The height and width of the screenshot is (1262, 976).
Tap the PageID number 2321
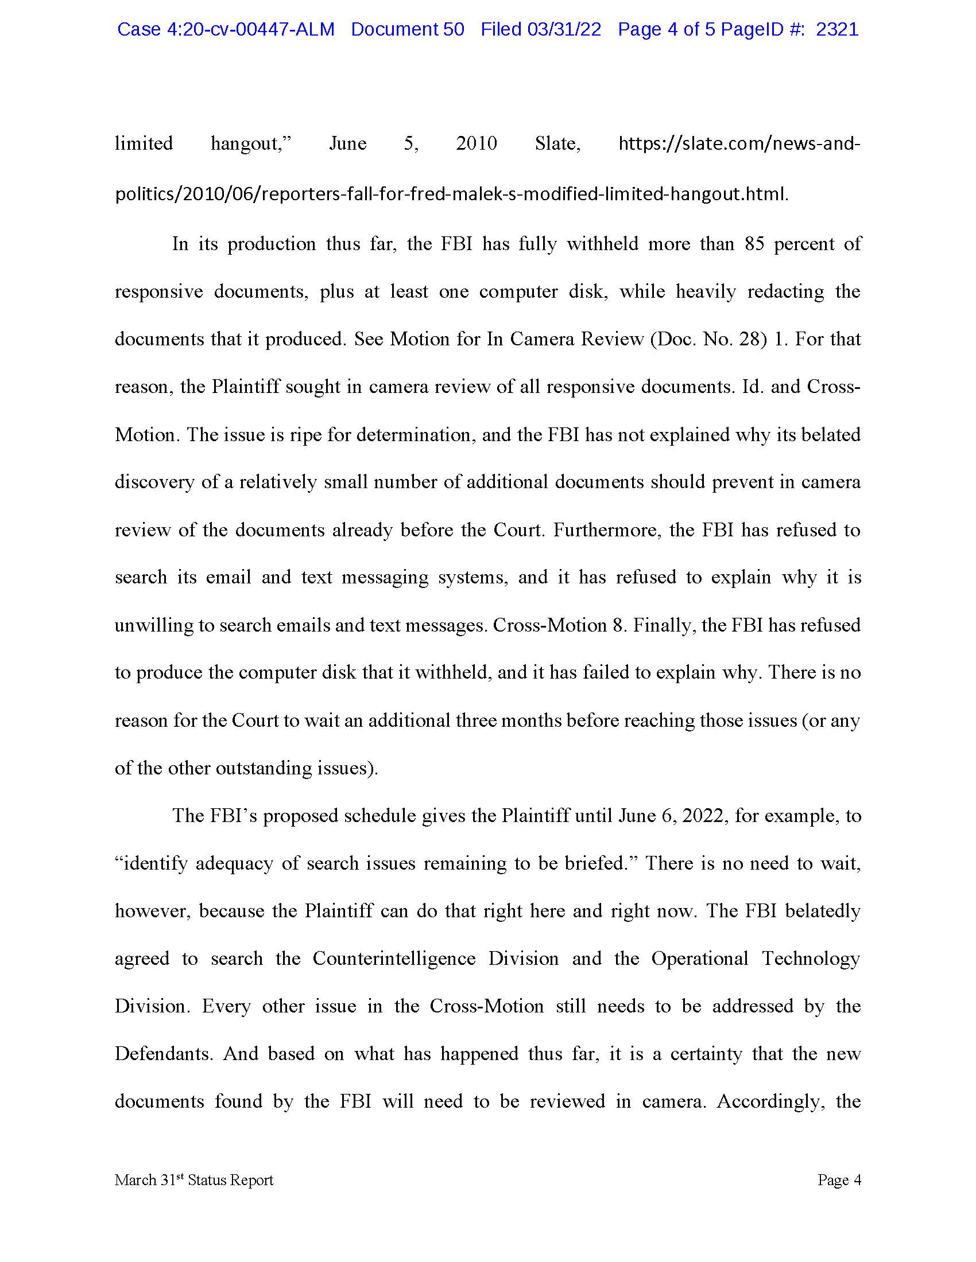[x=837, y=29]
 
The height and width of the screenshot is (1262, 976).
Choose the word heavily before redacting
[x=706, y=291]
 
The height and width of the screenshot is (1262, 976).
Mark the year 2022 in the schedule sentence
[x=703, y=816]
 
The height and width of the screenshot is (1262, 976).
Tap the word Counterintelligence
[x=394, y=959]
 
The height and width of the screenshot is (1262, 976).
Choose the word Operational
[x=700, y=959]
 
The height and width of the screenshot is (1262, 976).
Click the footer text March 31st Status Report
[x=193, y=1180]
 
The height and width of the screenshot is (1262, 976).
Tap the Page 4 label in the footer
[x=839, y=1180]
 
